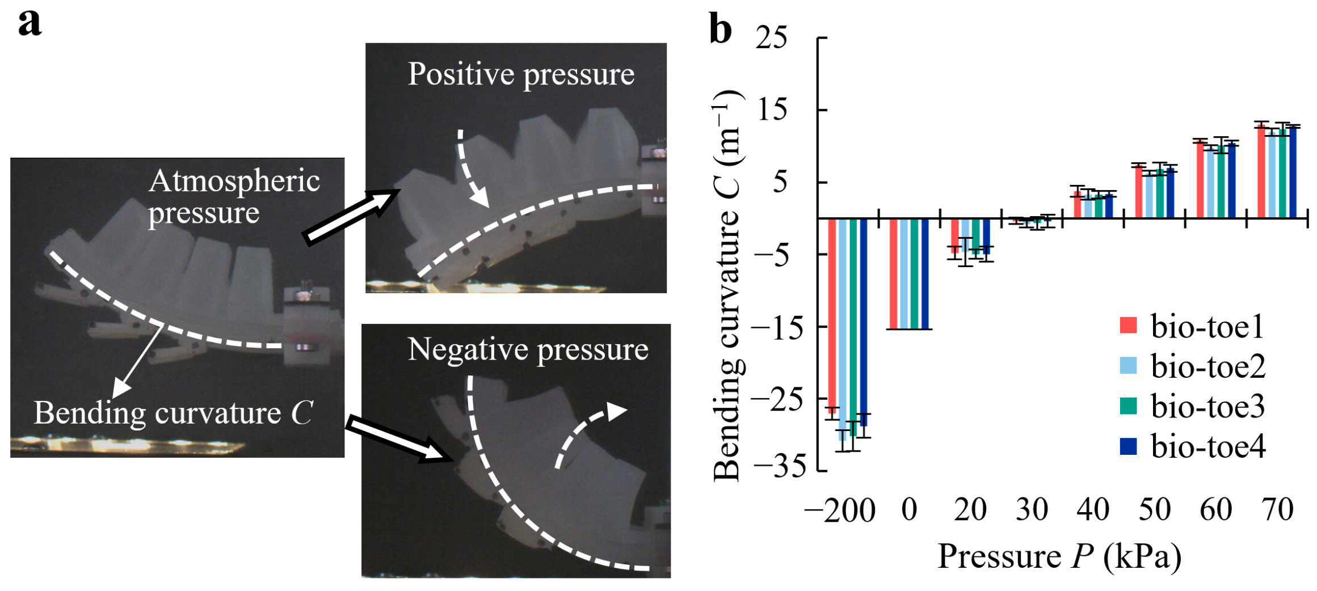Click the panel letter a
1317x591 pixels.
[x=30, y=24]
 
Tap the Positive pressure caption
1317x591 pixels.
[x=521, y=74]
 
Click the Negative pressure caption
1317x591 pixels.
[x=528, y=349]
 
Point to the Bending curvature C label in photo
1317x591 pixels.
[x=173, y=413]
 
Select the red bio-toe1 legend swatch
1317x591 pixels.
[x=1128, y=325]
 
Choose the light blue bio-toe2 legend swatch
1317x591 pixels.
[x=1128, y=366]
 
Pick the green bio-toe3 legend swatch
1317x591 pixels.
[x=1128, y=406]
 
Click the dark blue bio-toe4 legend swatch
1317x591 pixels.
[x=1128, y=446]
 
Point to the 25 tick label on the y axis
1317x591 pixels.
[x=772, y=38]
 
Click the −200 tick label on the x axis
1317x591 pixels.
[x=840, y=510]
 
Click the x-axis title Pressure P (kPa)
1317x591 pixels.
[x=1059, y=557]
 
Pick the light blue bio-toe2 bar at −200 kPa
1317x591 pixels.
[x=843, y=329]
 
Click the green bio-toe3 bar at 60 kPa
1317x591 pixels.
[x=1221, y=181]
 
